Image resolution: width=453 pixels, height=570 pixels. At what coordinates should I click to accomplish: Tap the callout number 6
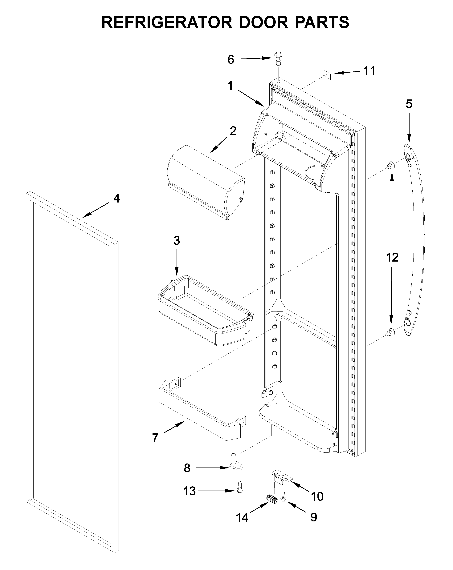[231, 60]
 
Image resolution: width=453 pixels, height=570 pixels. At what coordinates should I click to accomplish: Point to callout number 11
[369, 71]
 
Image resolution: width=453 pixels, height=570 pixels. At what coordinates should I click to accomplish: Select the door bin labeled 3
[205, 311]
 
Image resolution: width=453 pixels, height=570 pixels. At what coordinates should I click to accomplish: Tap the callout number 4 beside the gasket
[116, 198]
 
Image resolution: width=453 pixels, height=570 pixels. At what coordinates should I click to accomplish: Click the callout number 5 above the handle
[409, 104]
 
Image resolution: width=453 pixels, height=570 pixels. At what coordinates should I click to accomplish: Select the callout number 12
[392, 257]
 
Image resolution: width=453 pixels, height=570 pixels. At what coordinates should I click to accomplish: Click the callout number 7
[155, 438]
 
